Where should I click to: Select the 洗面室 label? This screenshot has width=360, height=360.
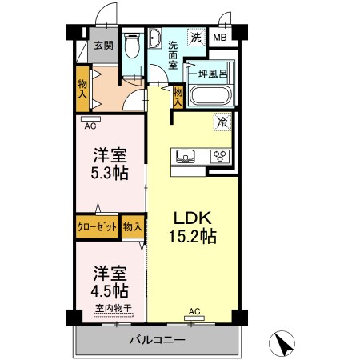tap(173, 52)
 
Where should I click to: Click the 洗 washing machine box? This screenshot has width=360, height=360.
tap(196, 37)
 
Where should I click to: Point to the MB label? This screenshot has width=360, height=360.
tap(219, 37)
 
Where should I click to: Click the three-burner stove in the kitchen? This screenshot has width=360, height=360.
tap(220, 156)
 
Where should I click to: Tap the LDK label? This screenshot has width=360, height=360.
tap(190, 217)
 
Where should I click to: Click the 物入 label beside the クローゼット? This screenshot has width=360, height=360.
tap(133, 227)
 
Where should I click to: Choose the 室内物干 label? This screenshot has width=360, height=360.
tap(113, 309)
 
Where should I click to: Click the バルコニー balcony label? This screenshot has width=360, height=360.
tap(158, 340)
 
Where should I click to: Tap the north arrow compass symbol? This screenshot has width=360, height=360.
tap(283, 344)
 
